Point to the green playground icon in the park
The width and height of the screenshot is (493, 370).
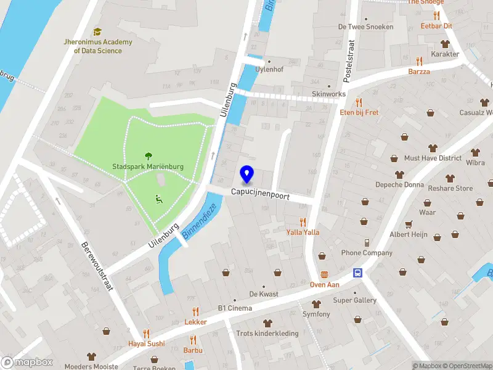(158, 199)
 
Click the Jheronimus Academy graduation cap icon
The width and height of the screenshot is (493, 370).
(97, 32)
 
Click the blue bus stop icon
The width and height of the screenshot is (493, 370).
(357, 273)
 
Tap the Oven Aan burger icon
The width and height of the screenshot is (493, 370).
(325, 274)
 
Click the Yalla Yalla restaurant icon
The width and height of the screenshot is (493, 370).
(303, 222)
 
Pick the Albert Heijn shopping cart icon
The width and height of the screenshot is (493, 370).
(407, 224)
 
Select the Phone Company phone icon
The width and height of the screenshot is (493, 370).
(367, 242)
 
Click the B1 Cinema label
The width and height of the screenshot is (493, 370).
(235, 308)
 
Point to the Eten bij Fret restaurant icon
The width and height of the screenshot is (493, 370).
(359, 102)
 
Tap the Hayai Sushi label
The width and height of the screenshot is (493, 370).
(146, 343)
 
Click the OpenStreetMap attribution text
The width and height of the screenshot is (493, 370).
(468, 366)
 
